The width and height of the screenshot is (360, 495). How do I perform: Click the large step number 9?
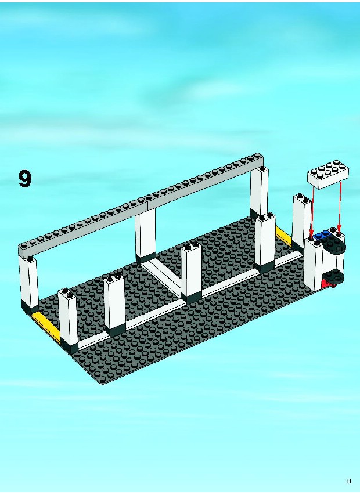point(25,179)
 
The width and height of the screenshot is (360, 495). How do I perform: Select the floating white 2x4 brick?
point(329,174)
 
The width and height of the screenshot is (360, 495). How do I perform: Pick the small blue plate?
point(321,234)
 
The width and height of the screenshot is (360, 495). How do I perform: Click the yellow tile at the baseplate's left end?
point(46,326)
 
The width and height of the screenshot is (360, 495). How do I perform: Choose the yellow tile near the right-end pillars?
point(283,235)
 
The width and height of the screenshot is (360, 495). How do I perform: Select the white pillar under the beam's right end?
point(260,192)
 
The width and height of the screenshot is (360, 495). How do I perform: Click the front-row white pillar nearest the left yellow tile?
point(68,320)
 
